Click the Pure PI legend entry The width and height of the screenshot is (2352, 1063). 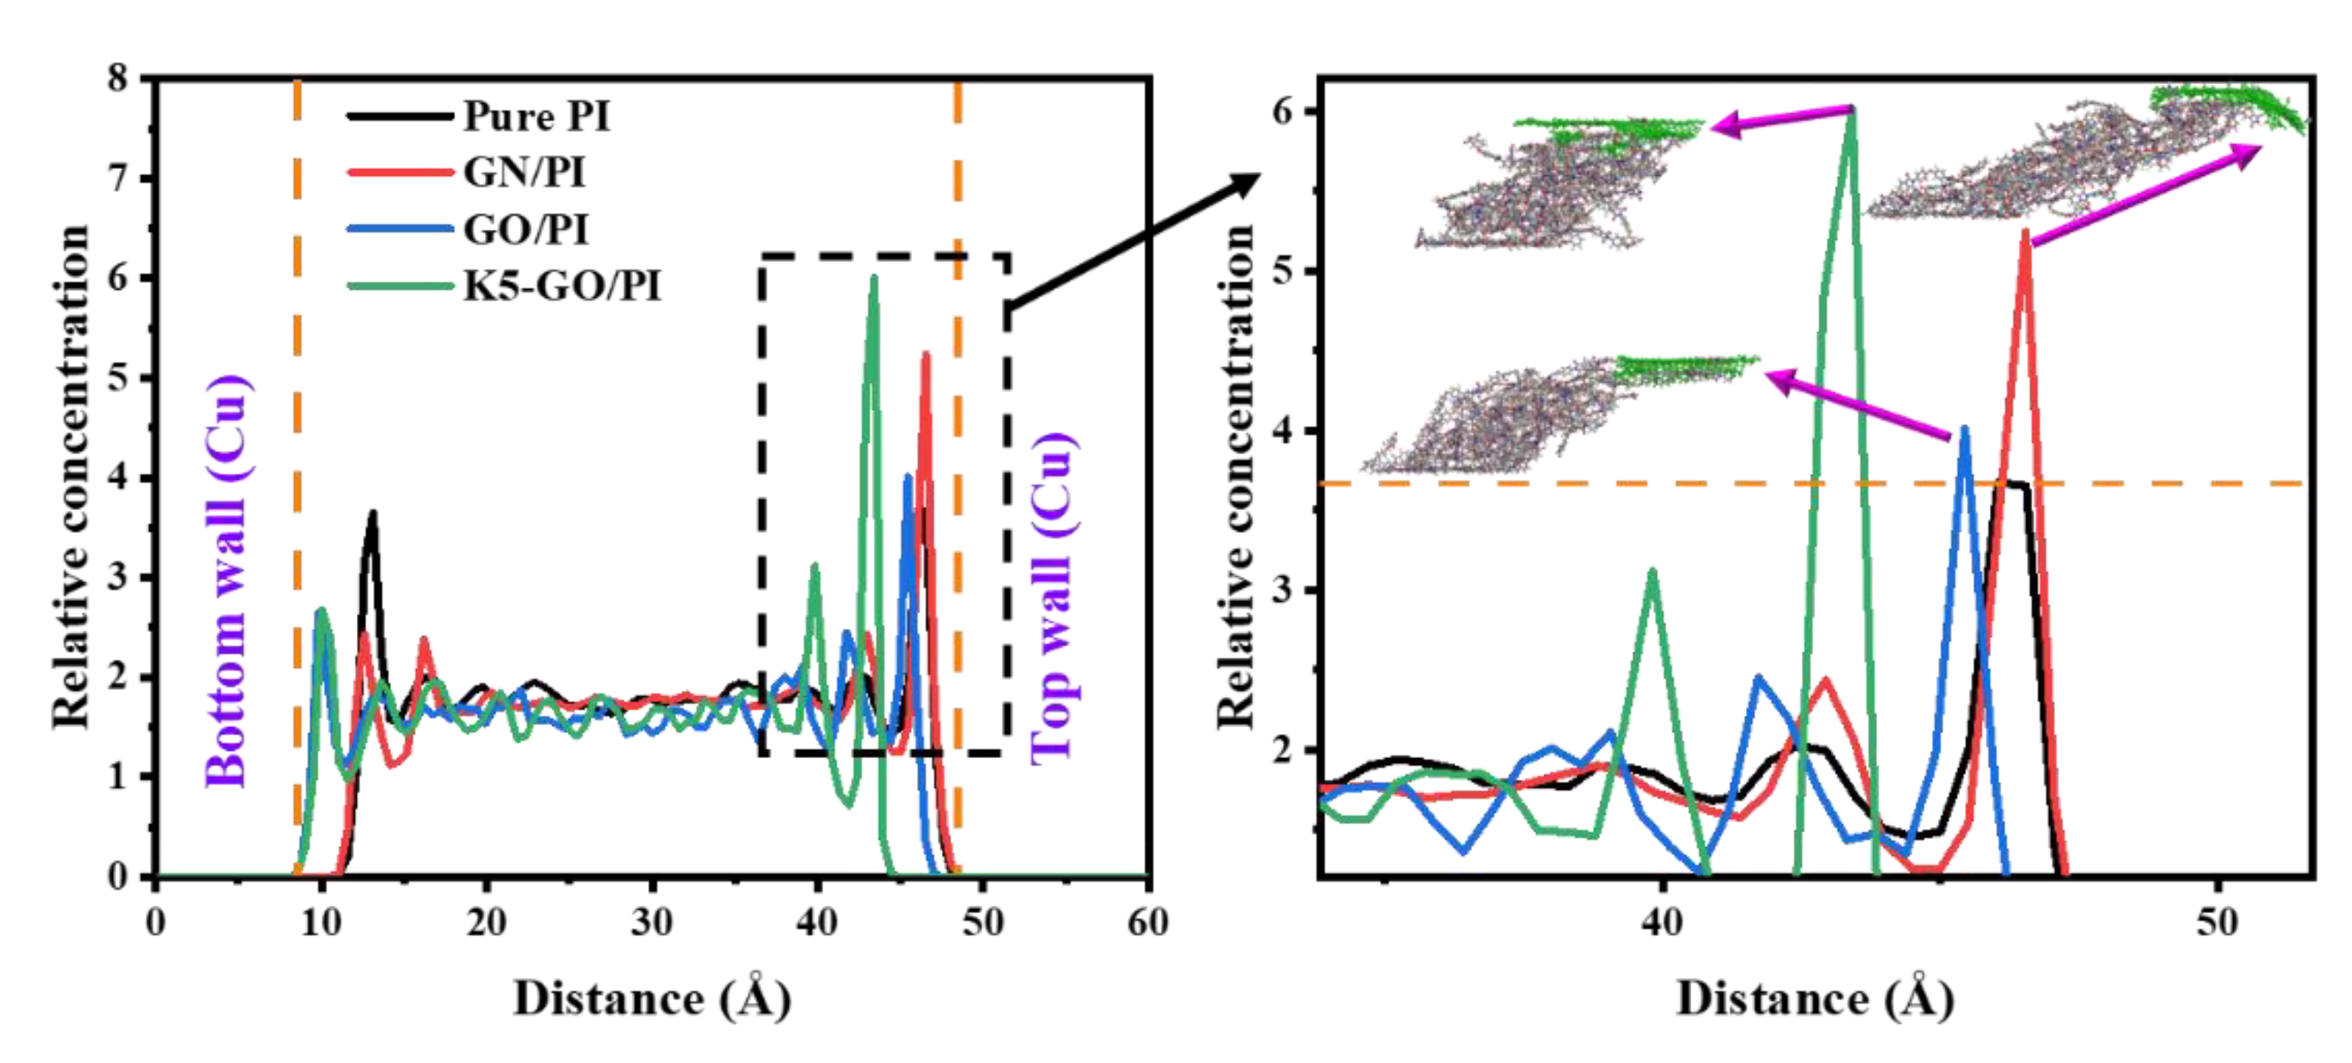coord(535,117)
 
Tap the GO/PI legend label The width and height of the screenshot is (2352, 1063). coord(525,229)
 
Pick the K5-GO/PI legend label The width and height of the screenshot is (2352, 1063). coord(561,287)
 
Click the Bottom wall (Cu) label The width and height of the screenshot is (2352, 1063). coord(227,581)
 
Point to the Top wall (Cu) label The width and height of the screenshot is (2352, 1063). coord(1052,598)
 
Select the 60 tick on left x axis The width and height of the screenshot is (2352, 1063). coord(1146,923)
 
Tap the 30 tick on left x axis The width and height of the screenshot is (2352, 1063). coord(651,923)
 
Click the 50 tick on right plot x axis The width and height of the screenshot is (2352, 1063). coord(2218,923)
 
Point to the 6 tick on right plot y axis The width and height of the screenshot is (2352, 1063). coord(1282,112)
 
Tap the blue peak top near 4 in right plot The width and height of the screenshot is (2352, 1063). coord(1964,430)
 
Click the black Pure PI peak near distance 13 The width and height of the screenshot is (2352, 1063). coord(371,514)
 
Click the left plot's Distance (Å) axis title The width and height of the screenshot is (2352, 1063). coord(651,998)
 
